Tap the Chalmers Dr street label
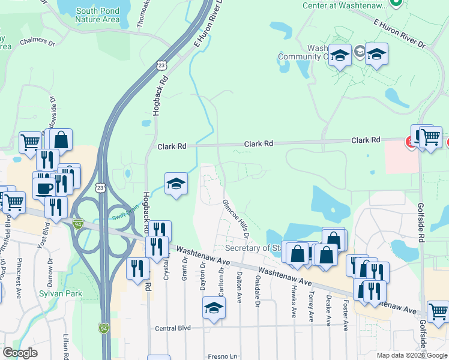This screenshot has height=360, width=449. click(x=37, y=42)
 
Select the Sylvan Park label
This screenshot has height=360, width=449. click(x=60, y=293)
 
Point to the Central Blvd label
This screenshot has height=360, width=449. click(x=172, y=328)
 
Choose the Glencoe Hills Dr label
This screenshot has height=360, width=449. click(x=236, y=220)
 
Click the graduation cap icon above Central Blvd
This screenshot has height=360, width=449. click(x=214, y=308)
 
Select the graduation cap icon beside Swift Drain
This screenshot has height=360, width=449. click(x=176, y=184)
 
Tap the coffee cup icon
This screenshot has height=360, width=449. click(x=44, y=188)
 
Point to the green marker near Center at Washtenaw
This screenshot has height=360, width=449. click(x=396, y=3)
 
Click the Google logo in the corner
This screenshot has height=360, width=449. click(x=20, y=353)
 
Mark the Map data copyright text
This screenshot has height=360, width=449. click(x=412, y=355)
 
